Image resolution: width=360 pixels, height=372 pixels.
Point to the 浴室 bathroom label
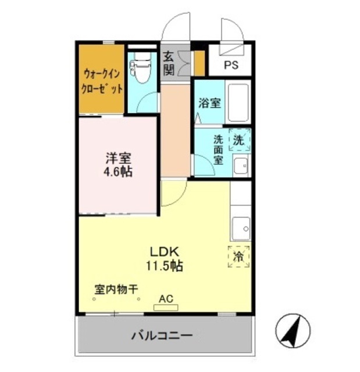(209, 104)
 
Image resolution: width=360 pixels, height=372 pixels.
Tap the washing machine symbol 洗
(239, 139)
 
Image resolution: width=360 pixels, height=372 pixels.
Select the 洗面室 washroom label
(218, 149)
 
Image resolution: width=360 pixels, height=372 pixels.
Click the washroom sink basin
(240, 165)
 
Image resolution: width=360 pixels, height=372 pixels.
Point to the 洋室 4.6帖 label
(118, 164)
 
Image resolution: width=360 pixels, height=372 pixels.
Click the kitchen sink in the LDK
(240, 227)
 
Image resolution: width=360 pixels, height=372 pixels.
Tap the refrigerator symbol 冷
(239, 256)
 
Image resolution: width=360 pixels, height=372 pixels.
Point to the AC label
(166, 299)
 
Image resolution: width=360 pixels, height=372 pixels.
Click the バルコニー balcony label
(162, 335)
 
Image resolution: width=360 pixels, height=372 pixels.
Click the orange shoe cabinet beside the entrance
(199, 64)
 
